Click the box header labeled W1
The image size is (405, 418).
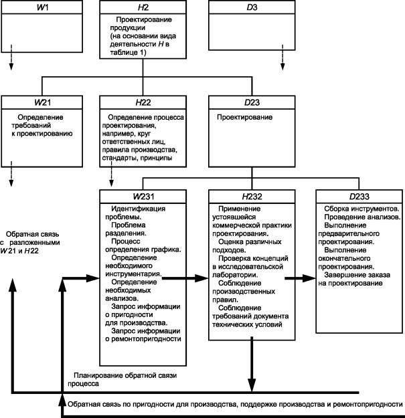pos(42,7)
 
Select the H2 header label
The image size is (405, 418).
pos(143,7)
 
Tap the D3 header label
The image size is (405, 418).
pos(252,7)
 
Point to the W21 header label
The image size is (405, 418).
pos(42,102)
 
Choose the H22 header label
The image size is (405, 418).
pos(143,102)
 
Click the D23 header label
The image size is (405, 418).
pos(252,102)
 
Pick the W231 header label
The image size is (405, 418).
pos(143,197)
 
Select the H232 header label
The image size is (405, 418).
pos(252,197)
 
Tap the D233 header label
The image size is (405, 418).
pos(359,197)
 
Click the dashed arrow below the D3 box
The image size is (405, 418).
pos(282,58)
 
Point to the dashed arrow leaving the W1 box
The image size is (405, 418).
pos(11,58)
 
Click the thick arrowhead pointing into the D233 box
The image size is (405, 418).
pos(309,278)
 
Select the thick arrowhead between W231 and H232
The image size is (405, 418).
pos(201,278)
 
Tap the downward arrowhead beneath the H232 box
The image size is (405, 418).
pos(252,385)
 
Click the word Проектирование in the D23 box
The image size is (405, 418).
pos(244,117)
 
